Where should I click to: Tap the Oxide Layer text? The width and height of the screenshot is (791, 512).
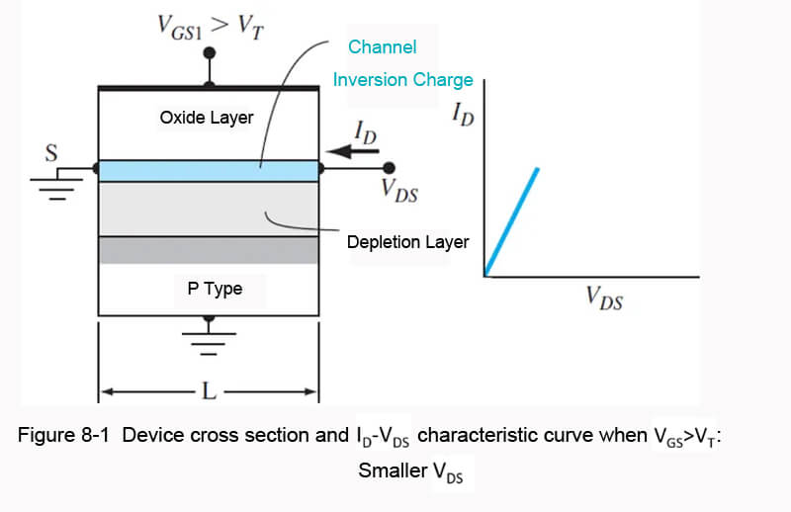point(207,118)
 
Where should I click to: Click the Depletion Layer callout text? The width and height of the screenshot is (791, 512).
point(407,242)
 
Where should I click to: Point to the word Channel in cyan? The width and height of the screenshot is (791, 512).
point(383,46)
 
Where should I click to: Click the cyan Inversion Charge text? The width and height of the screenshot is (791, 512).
point(403,79)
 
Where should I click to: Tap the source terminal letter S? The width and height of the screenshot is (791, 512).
point(51,153)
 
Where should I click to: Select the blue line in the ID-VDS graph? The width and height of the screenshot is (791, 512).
point(512,220)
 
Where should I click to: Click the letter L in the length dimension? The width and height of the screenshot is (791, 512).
point(209,391)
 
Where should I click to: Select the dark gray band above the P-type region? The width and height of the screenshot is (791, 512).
point(209,250)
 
